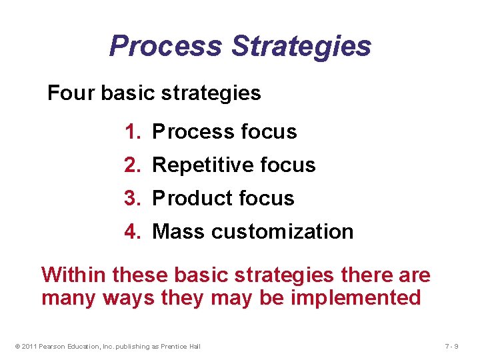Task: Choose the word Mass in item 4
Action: click(179, 232)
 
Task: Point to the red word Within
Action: click(74, 275)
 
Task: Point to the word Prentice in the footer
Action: click(174, 346)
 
